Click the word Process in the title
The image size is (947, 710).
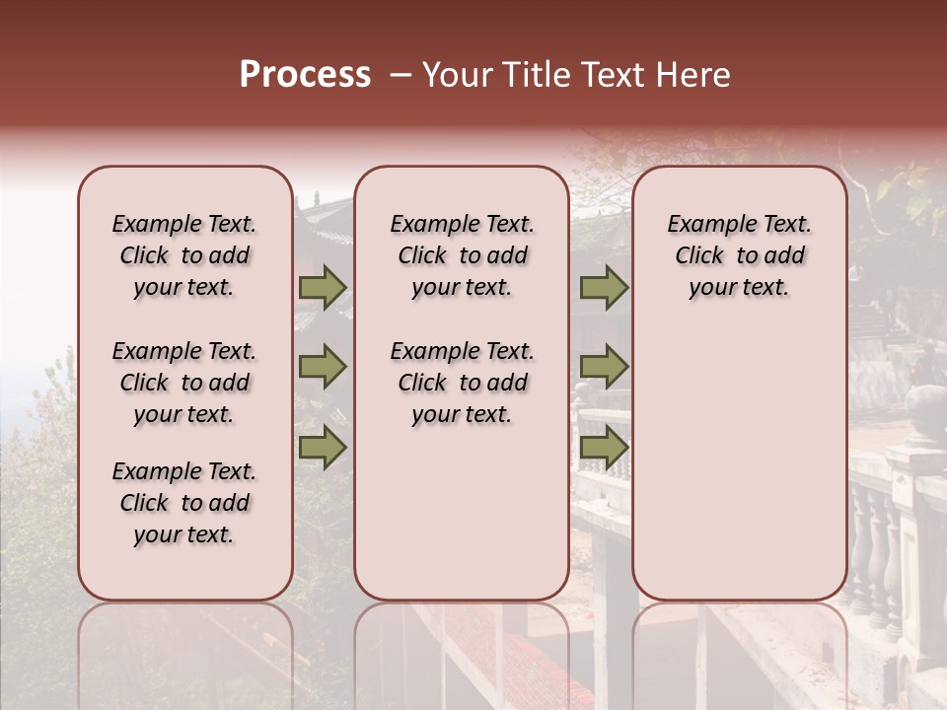coord(305,75)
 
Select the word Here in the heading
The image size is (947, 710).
coord(694,75)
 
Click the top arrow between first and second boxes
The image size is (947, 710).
coord(323,288)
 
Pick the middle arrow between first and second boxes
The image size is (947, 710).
coord(323,367)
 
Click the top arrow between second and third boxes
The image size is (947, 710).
coord(604,288)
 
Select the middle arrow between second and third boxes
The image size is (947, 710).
coord(604,367)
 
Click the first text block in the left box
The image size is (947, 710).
coord(184,255)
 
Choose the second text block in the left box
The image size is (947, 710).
coord(184,383)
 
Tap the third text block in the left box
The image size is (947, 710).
coord(184,503)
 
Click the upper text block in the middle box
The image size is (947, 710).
coord(462,255)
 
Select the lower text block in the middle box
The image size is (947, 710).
coord(462,383)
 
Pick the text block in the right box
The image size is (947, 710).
coord(739,255)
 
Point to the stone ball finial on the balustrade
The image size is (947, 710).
coord(925,404)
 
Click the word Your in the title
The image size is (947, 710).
coord(456,75)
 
